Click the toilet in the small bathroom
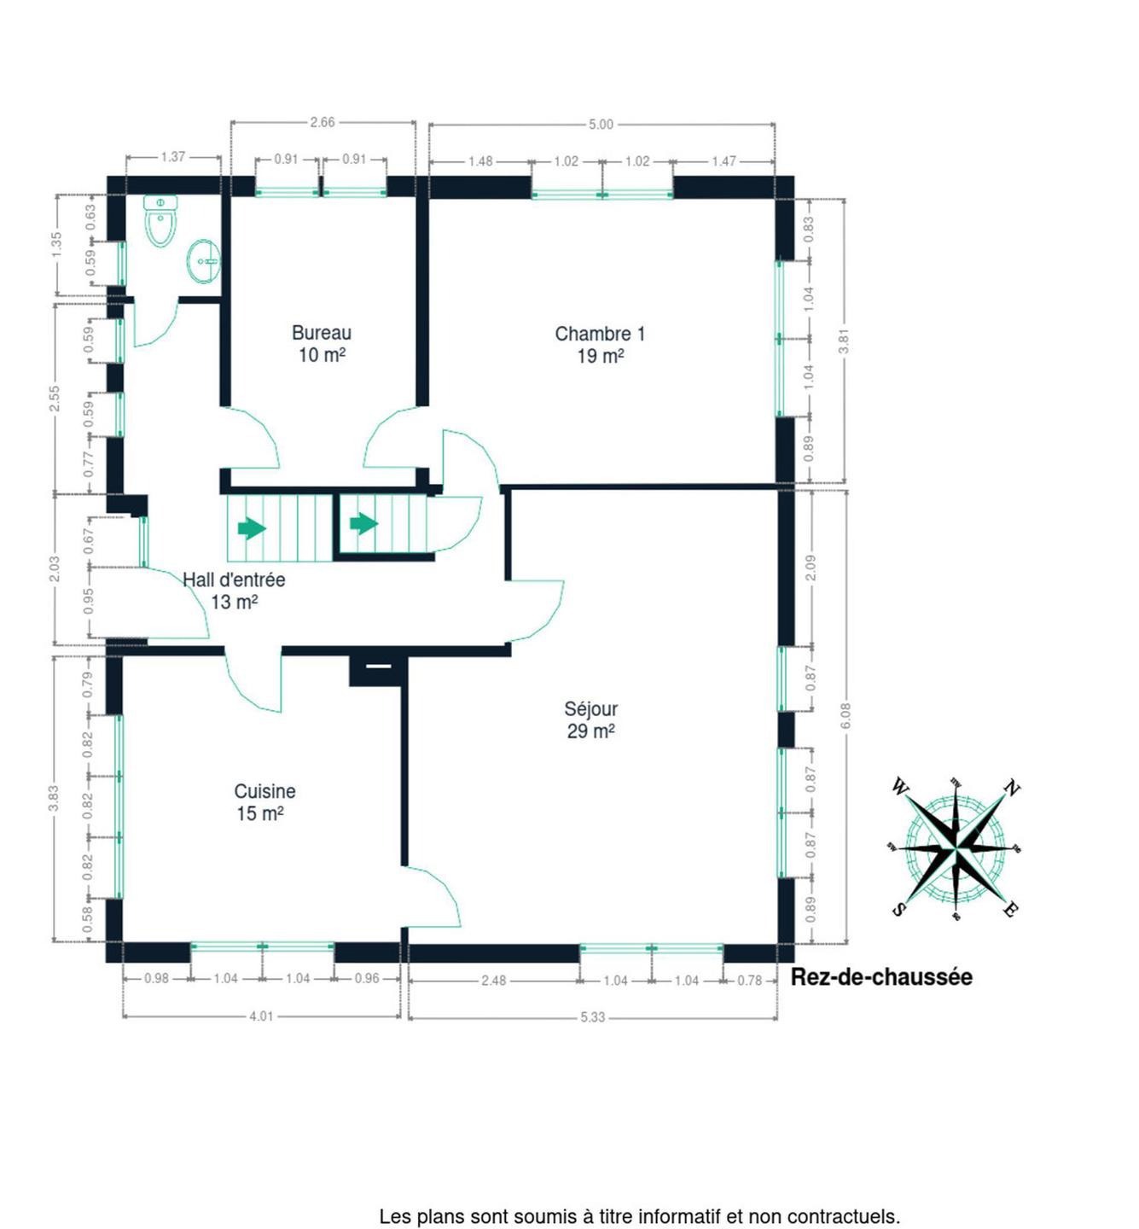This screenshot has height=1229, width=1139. click(160, 221)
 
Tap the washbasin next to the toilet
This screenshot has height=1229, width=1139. click(203, 262)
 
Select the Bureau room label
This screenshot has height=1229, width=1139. click(321, 333)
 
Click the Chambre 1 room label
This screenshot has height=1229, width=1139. click(600, 335)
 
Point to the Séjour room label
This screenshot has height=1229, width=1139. click(591, 708)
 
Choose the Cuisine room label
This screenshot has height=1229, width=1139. click(264, 791)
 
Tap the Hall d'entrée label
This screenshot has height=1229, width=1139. click(234, 580)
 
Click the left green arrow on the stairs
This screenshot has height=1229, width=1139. click(252, 528)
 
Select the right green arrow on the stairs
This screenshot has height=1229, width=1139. click(363, 524)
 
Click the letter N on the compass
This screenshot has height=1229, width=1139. click(1012, 788)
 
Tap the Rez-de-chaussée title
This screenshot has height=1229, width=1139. click(881, 977)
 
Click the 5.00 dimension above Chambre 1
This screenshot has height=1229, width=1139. click(600, 125)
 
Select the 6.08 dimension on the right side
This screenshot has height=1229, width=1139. click(846, 716)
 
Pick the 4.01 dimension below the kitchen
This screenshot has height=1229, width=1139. click(261, 1016)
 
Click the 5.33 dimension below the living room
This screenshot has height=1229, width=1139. click(592, 1017)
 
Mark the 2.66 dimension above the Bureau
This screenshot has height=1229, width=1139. click(323, 122)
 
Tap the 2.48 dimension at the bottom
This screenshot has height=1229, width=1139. click(494, 981)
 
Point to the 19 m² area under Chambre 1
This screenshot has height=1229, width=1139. click(600, 357)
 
